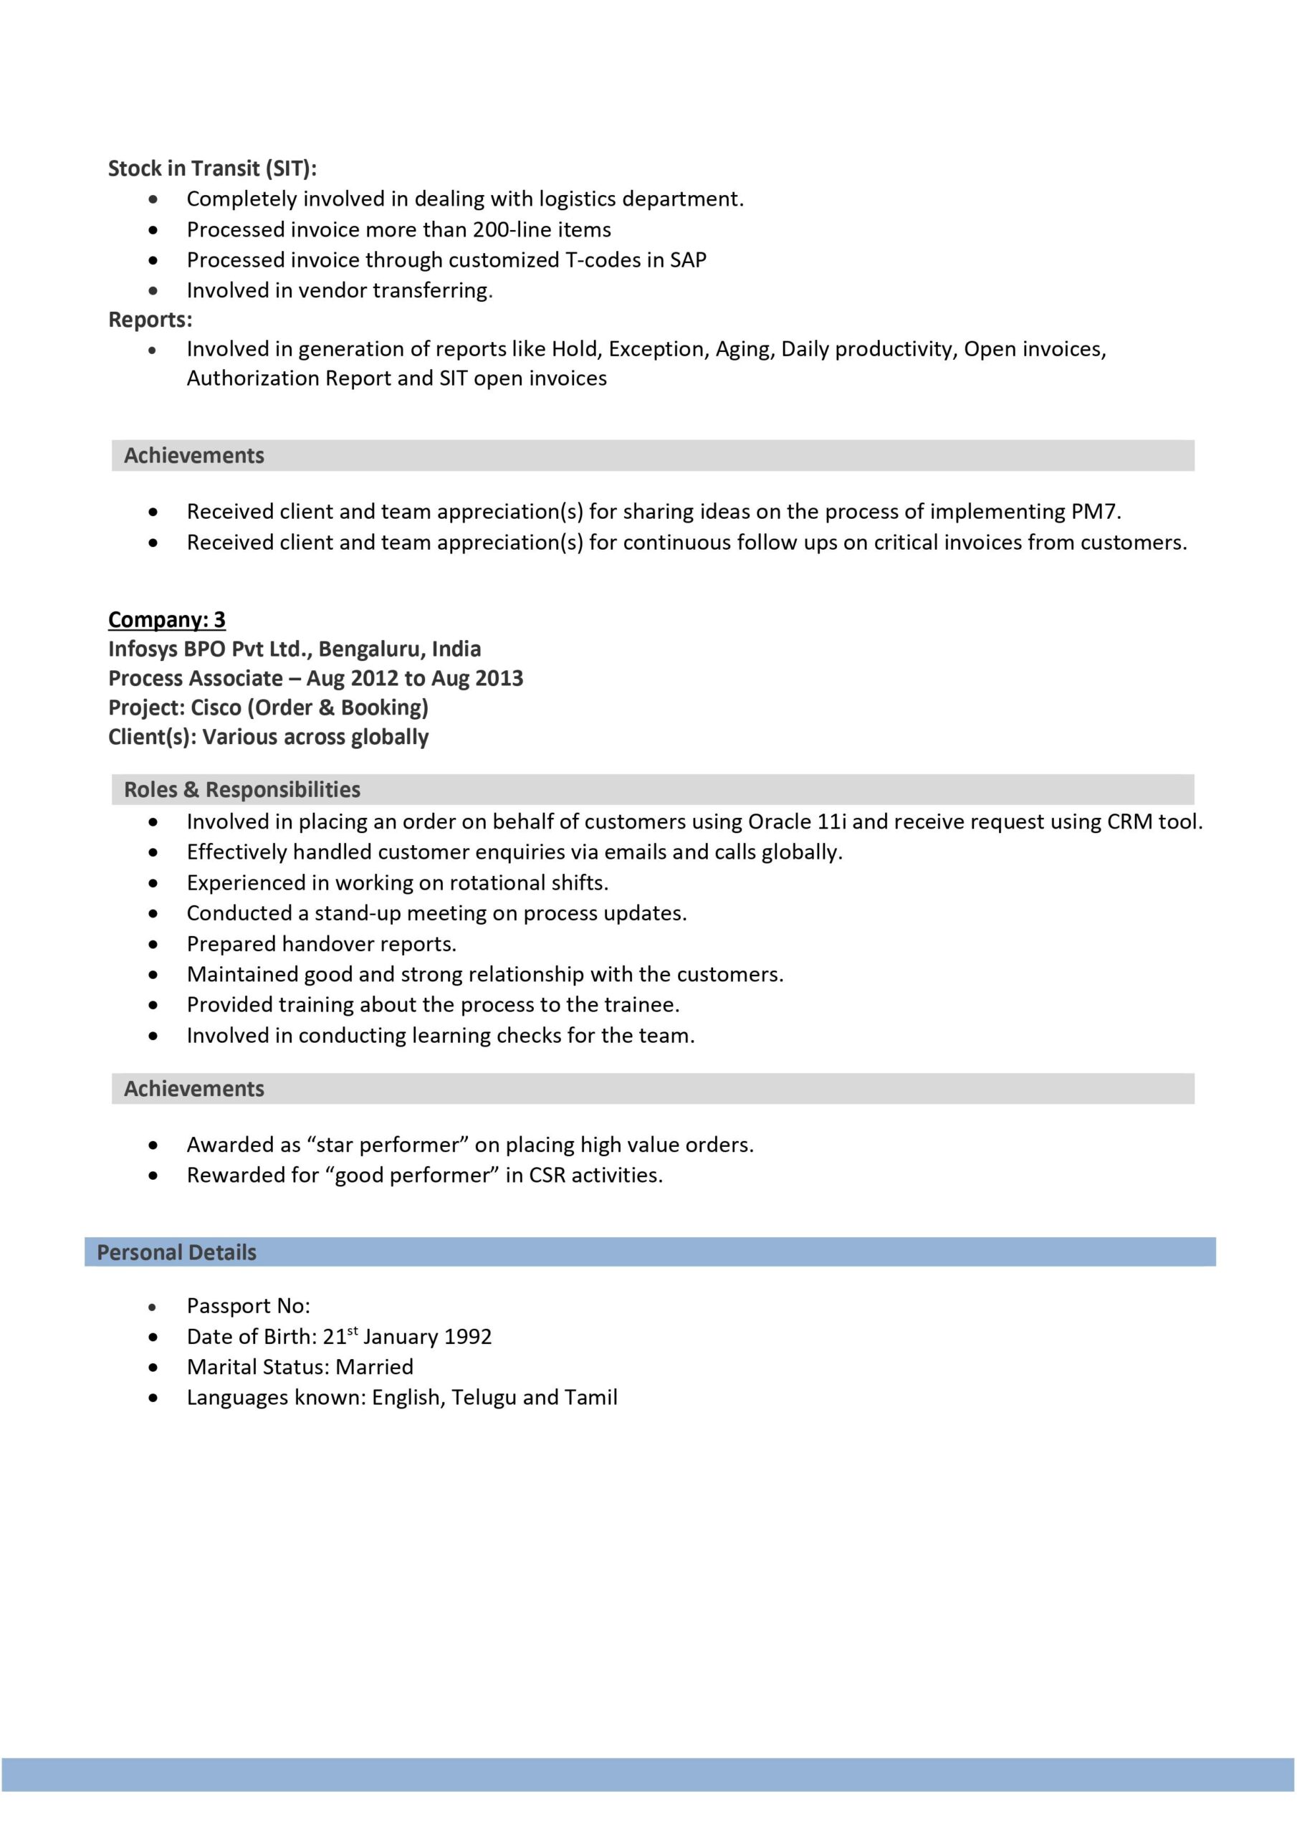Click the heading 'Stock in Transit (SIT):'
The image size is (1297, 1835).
212,168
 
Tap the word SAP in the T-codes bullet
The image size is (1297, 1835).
687,260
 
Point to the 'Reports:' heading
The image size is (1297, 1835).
150,320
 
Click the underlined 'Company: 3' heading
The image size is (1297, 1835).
166,619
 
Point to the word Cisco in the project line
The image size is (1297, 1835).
216,708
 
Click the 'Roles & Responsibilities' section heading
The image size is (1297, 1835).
241,790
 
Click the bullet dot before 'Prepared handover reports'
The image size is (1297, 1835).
153,945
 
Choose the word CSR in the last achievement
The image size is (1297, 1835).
547,1176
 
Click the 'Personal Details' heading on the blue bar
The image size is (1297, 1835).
176,1252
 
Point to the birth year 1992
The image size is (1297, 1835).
467,1337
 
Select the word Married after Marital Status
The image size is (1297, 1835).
374,1368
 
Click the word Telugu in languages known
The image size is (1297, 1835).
483,1398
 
